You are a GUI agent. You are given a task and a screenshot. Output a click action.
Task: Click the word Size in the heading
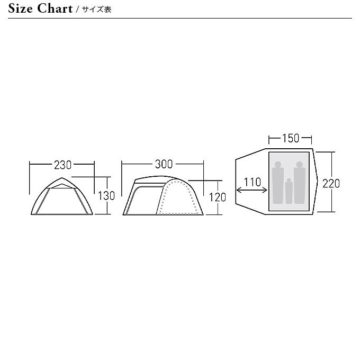[20, 8]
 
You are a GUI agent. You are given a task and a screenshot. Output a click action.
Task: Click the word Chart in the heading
[55, 8]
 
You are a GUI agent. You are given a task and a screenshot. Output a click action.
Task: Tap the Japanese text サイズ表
[97, 10]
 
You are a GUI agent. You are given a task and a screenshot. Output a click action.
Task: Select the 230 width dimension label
[62, 165]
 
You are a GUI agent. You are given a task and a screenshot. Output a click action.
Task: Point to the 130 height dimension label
[106, 196]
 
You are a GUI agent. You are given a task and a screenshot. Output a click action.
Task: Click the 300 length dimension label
[164, 164]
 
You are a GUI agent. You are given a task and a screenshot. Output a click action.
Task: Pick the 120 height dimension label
[218, 197]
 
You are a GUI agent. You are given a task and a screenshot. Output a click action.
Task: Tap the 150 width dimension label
[291, 138]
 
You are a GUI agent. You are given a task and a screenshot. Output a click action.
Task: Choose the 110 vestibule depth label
[253, 182]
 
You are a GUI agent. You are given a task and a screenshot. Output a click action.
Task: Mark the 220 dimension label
[331, 184]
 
